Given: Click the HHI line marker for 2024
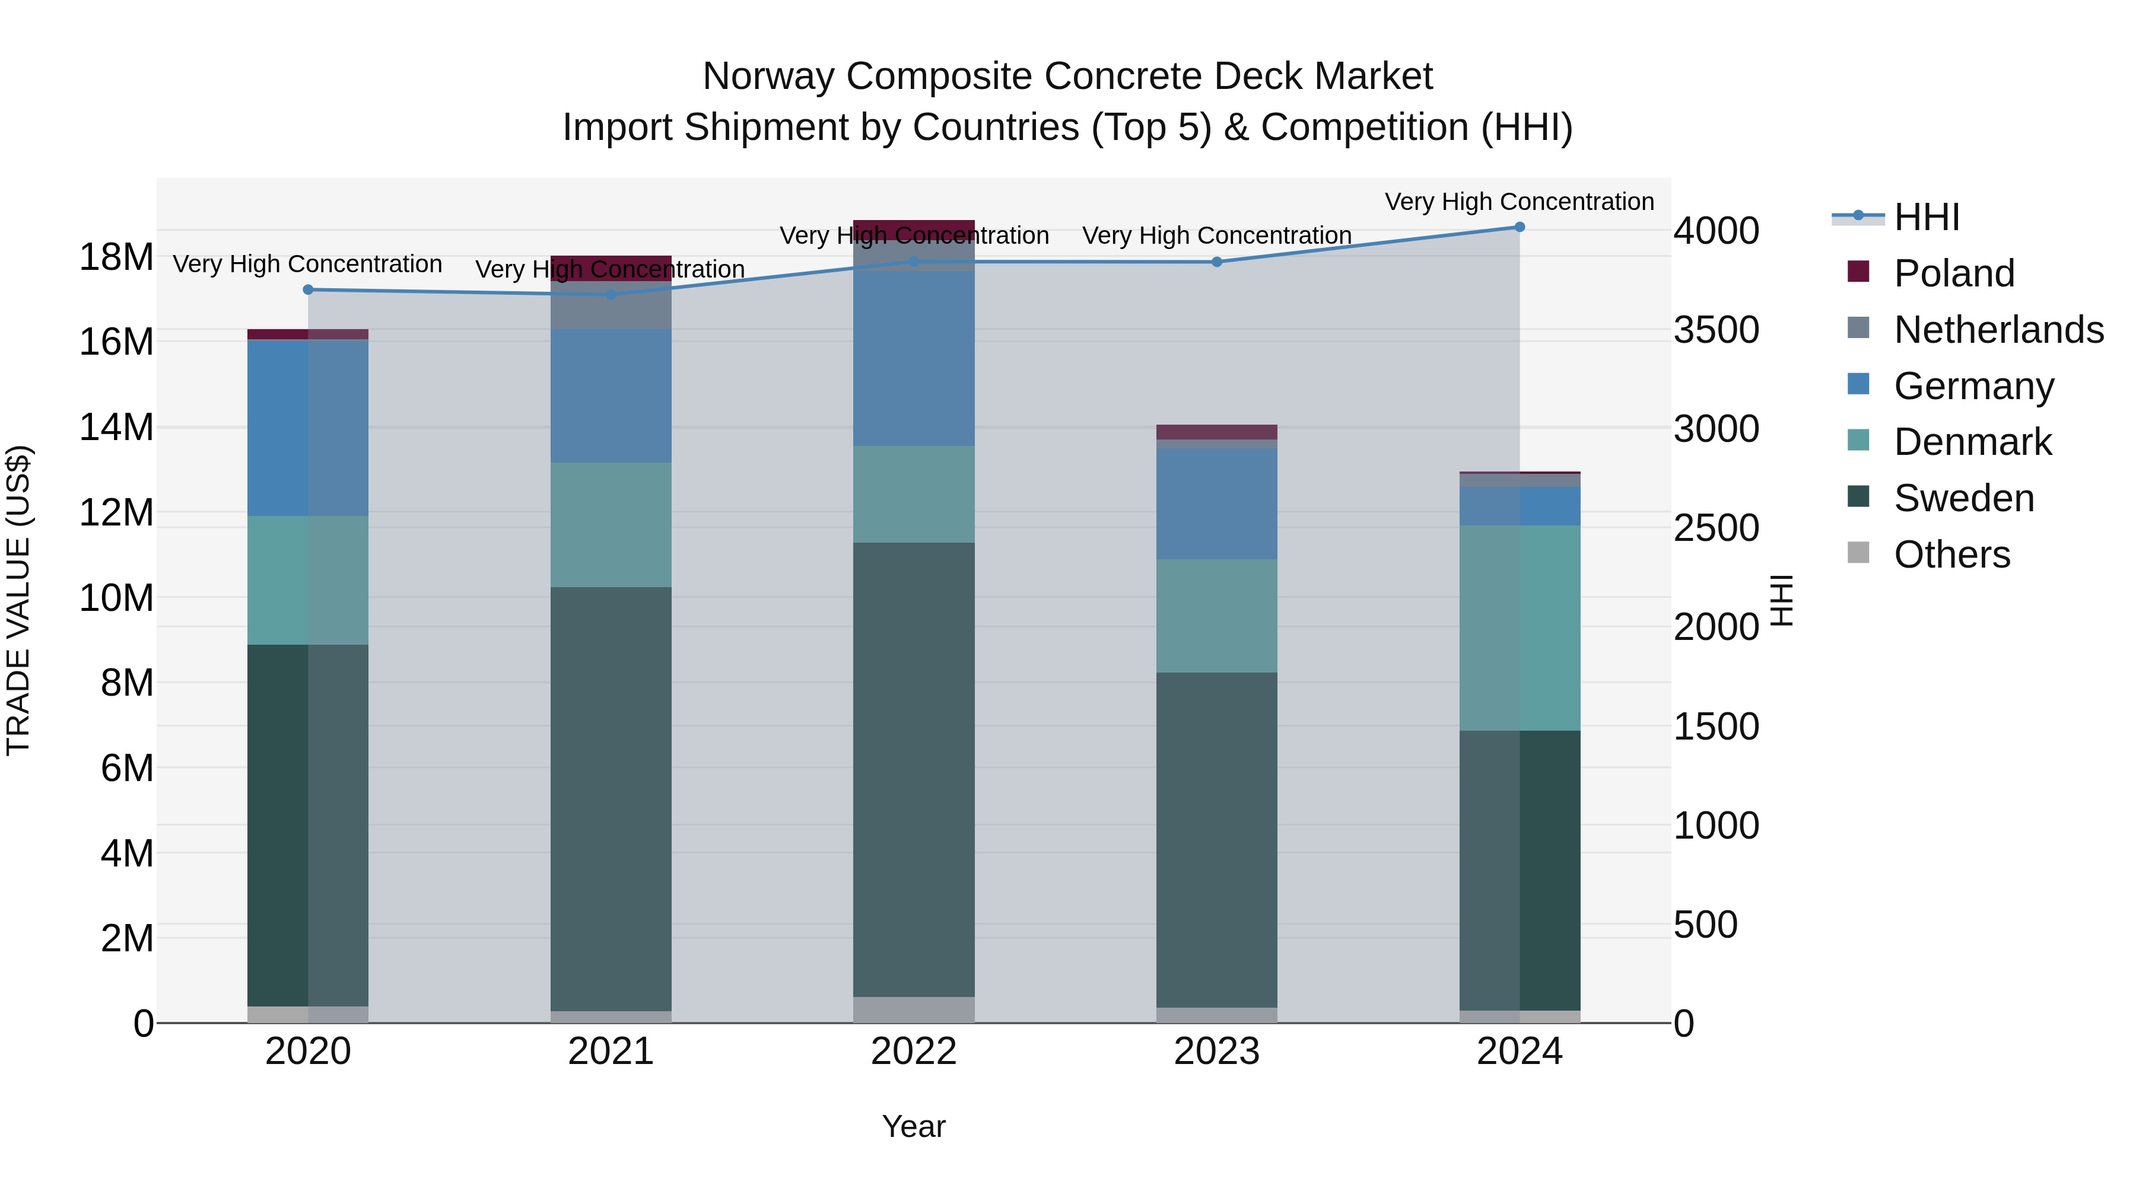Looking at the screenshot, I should tap(1519, 227).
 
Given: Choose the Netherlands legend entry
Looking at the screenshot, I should tap(1998, 330).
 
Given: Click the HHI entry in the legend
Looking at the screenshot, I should tap(1926, 217).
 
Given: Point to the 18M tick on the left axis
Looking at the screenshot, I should tap(116, 257).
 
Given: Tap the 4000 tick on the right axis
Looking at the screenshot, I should tap(1715, 231).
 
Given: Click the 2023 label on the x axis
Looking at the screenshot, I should tap(1216, 1052).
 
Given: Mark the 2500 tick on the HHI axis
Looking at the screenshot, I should tap(1715, 528).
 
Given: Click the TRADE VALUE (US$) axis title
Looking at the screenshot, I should tap(18, 600).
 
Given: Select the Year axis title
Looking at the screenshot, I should tap(914, 1126).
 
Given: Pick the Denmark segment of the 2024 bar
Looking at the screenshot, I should tap(1519, 627).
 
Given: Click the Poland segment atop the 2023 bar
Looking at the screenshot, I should tap(1216, 432).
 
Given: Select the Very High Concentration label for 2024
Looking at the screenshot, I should tap(1519, 202).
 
